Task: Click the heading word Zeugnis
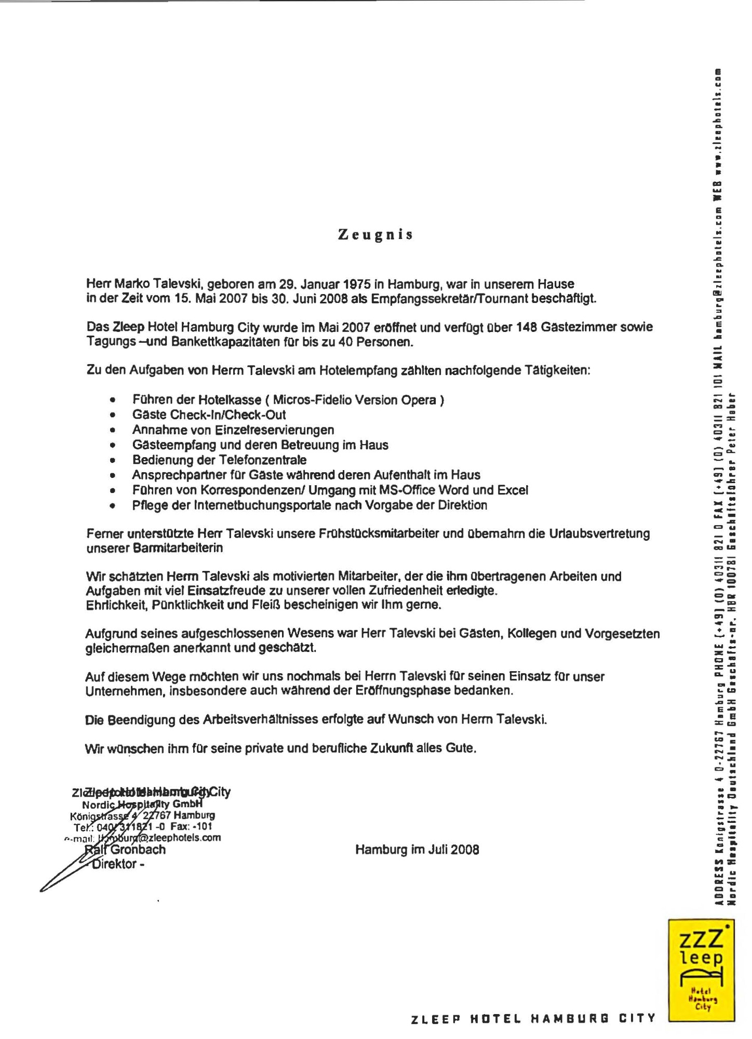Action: tap(375, 235)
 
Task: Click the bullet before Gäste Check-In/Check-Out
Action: tap(112, 415)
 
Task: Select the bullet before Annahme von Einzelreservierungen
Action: tap(112, 430)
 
